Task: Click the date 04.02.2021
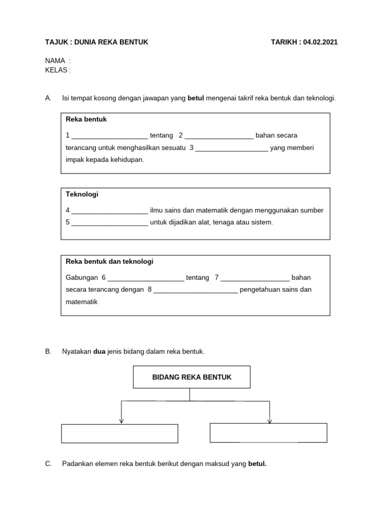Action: coord(320,42)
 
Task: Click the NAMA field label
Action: coord(55,60)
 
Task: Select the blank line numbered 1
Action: coord(109,136)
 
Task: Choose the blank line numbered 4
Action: coord(109,211)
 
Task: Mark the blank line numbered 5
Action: coord(109,223)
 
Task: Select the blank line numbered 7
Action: coord(254,278)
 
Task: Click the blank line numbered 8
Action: coord(195,290)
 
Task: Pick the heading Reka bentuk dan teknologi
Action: coord(109,261)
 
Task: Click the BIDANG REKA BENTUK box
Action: coord(191,377)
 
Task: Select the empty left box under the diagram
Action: coord(119,433)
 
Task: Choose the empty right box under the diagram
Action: coord(268,433)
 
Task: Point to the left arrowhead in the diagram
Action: coord(121,420)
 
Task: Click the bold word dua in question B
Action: coord(99,351)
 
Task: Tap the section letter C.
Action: coord(48,463)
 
